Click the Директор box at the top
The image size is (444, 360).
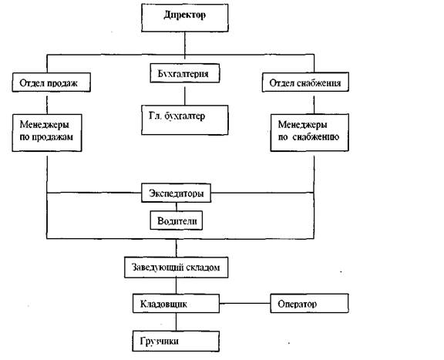click(x=185, y=17)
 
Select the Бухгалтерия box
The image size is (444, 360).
click(x=185, y=73)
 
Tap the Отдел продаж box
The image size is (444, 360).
click(x=51, y=82)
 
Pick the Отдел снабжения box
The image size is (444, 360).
click(x=305, y=82)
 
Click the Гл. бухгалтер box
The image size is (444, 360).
click(x=185, y=120)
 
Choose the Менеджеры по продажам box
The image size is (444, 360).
click(x=47, y=133)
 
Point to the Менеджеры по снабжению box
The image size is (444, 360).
click(x=310, y=133)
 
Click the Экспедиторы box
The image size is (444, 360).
click(x=176, y=193)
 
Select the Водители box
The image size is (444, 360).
click(x=176, y=220)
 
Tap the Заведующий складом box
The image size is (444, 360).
click(x=176, y=267)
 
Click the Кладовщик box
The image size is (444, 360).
click(x=176, y=304)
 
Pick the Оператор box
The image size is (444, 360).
click(x=310, y=304)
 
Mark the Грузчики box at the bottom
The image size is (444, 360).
click(x=176, y=341)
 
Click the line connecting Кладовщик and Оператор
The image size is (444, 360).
click(x=245, y=304)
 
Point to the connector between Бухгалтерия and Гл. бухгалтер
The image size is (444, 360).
click(x=185, y=96)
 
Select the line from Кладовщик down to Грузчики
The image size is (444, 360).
click(x=176, y=322)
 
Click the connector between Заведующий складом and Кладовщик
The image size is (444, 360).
click(x=176, y=286)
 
